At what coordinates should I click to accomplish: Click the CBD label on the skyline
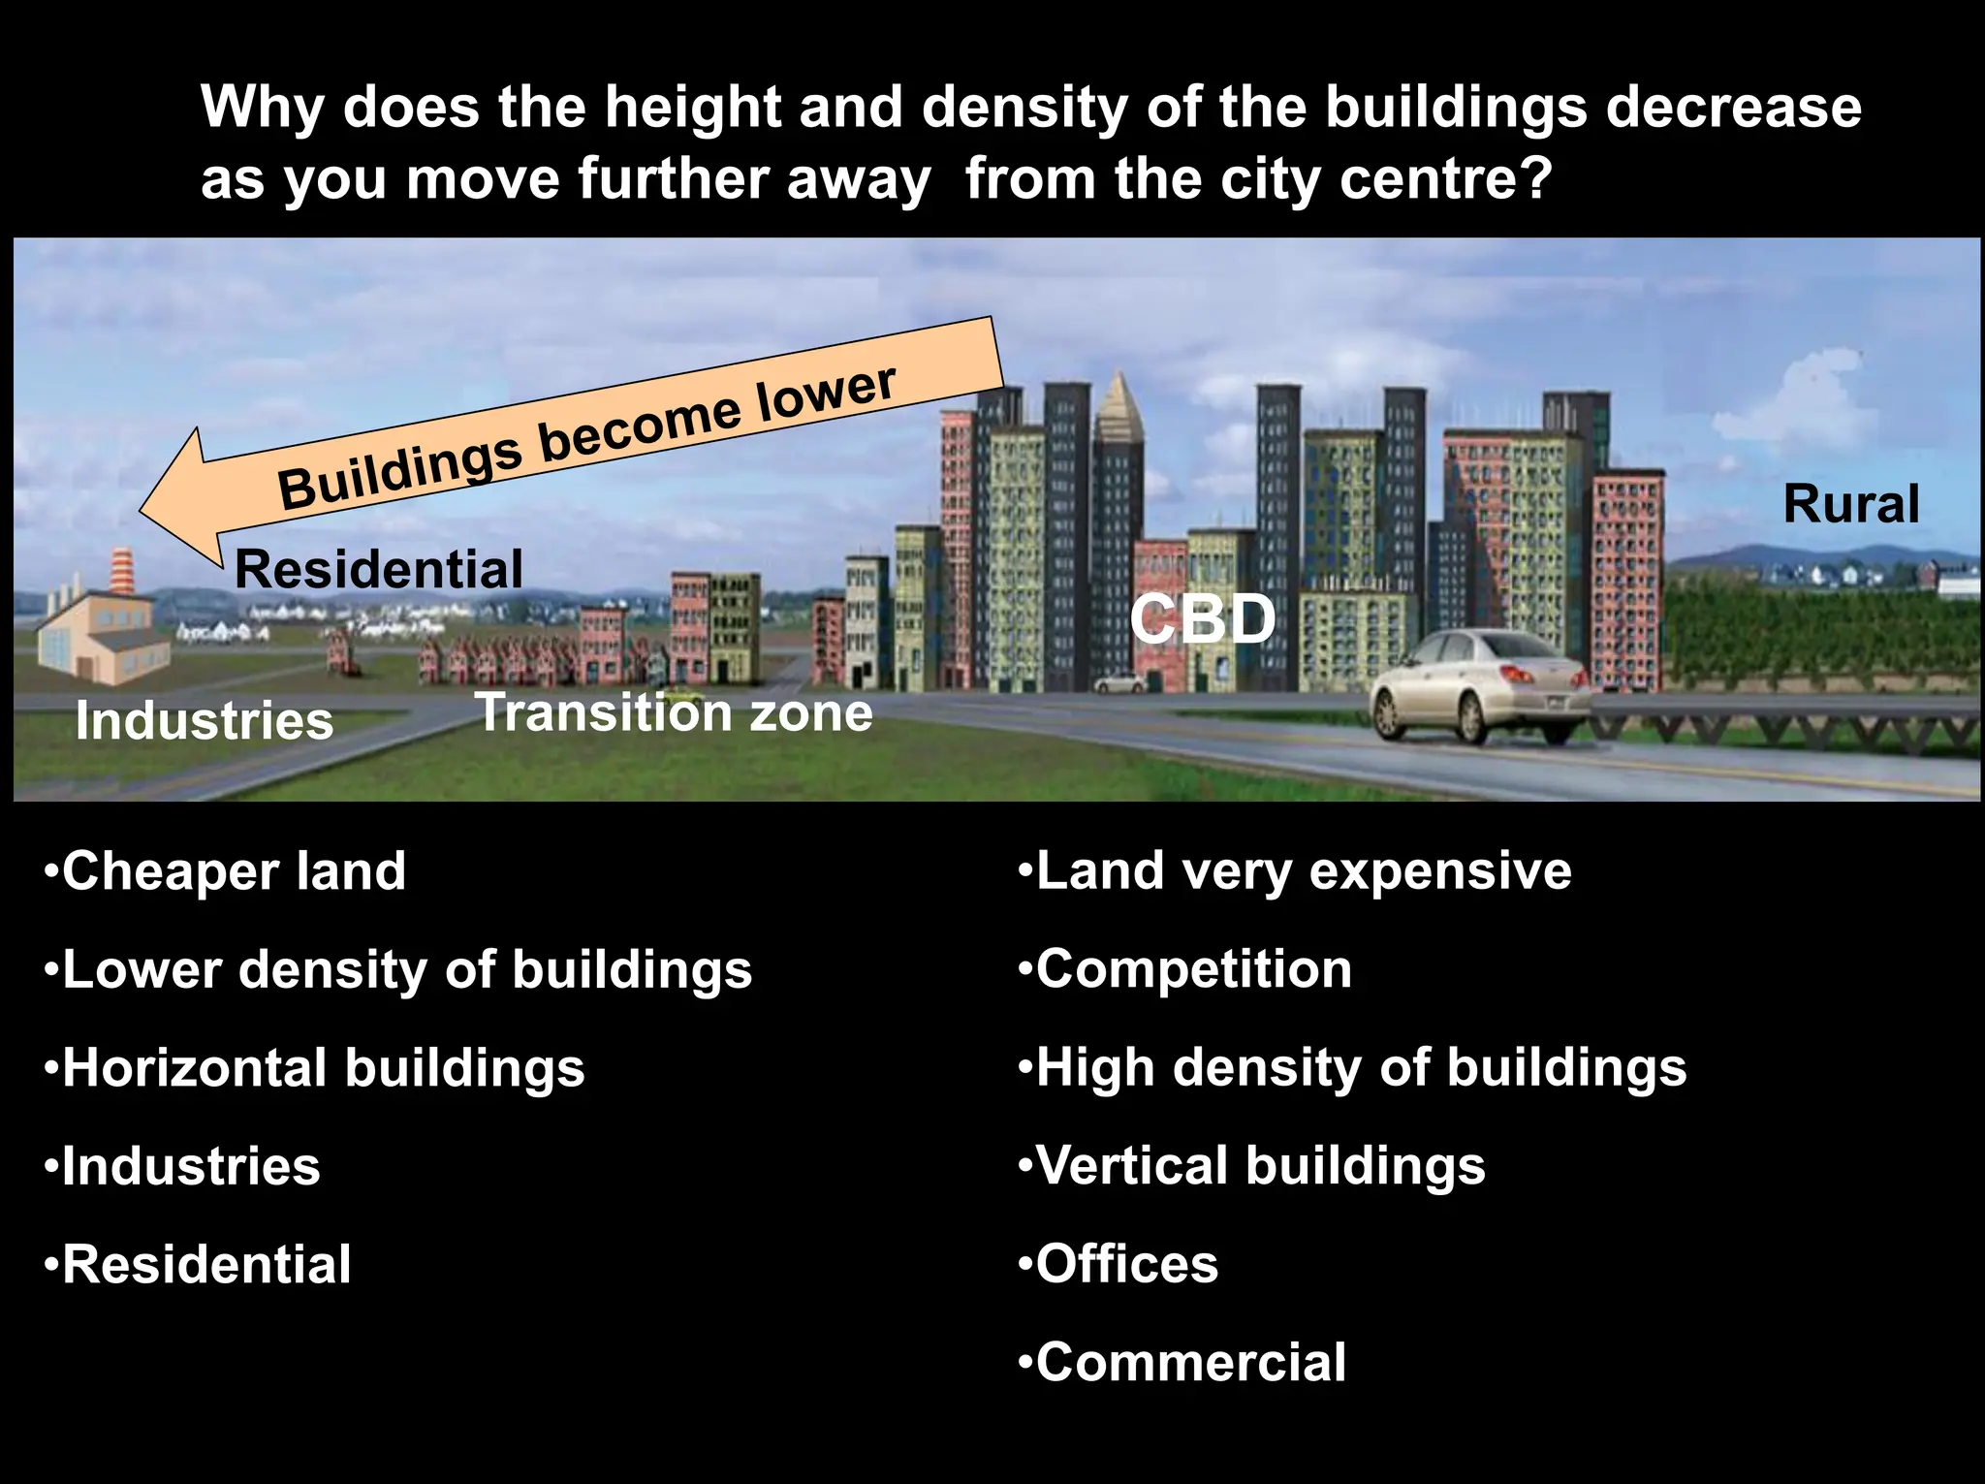coord(1203,618)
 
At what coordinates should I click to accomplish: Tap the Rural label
coord(1851,504)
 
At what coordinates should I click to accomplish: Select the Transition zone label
coord(674,712)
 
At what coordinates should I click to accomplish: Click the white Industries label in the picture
coord(205,721)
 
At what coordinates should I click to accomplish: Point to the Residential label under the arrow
coord(379,569)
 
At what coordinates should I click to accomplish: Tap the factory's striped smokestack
coord(121,572)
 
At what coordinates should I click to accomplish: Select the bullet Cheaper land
coord(225,870)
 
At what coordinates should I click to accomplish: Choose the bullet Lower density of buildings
coord(398,969)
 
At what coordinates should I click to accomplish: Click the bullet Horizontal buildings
coord(315,1067)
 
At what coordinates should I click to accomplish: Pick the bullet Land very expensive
coord(1295,870)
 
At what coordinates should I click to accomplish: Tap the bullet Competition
coord(1185,969)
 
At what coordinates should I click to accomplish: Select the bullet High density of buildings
coord(1353,1067)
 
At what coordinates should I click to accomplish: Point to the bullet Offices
coord(1119,1264)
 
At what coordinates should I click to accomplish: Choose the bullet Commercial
coord(1182,1362)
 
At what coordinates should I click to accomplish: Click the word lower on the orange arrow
coord(826,394)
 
